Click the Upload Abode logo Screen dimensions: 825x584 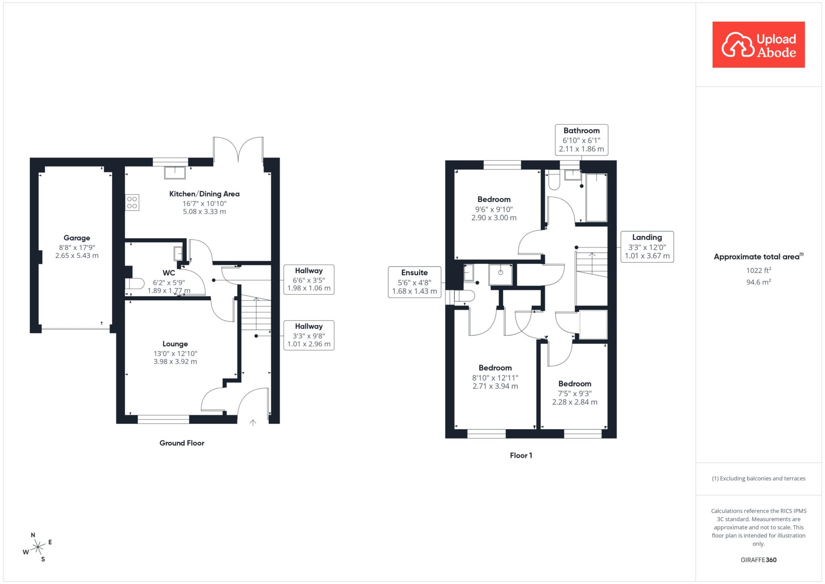[759, 44]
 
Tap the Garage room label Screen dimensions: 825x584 [77, 238]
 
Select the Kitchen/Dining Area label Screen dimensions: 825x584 [204, 194]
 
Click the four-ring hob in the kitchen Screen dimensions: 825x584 [132, 203]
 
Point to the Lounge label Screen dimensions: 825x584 [175, 344]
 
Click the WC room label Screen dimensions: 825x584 [169, 273]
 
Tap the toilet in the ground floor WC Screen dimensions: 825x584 [135, 284]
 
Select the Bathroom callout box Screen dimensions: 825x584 [581, 140]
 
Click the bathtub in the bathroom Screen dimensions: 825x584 [596, 197]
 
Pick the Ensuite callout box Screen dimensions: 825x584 [415, 282]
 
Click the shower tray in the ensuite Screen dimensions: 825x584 [500, 275]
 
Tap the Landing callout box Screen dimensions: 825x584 [647, 247]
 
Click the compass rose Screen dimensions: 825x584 [37, 547]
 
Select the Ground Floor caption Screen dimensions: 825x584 [182, 443]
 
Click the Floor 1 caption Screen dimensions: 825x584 [521, 455]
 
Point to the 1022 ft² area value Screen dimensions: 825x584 [759, 270]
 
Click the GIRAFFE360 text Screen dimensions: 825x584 [759, 560]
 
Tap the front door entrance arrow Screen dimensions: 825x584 [253, 422]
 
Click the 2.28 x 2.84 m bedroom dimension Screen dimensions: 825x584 [574, 402]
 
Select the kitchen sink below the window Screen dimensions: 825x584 [175, 173]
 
